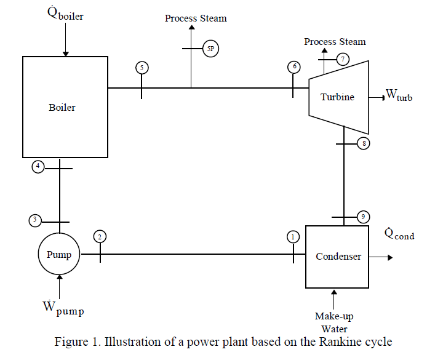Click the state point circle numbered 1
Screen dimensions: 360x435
[293, 236]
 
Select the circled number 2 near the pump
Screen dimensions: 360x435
[100, 236]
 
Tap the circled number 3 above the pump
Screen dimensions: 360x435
[35, 220]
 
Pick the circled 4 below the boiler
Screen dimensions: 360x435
[38, 166]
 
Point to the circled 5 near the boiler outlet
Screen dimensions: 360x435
[142, 68]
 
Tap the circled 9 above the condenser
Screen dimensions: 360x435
[364, 217]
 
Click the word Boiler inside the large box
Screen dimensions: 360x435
[62, 108]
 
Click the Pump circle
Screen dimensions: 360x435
[60, 255]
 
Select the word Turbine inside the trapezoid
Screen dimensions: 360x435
[337, 97]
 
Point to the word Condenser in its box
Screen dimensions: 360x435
[339, 256]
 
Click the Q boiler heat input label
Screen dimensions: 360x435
[65, 14]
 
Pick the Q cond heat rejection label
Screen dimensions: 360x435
[399, 234]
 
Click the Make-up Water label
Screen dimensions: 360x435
[334, 322]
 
